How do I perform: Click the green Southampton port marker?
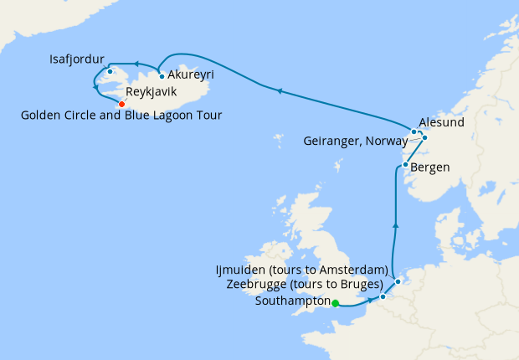pos(335,303)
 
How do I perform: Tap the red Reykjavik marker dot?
pos(121,104)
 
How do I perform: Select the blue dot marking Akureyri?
pos(162,76)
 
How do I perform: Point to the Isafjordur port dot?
pos(110,71)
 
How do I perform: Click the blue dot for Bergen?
pos(405,165)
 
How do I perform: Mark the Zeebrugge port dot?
pos(383,296)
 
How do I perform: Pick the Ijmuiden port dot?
pos(398,281)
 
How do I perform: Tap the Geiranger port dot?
pos(424,137)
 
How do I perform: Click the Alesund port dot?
pos(414,131)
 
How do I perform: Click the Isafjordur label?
pos(77,59)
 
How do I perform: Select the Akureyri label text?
pos(190,75)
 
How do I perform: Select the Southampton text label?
pos(290,302)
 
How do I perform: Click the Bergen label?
pos(430,167)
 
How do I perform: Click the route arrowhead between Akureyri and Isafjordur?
pos(135,63)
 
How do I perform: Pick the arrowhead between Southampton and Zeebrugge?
pos(369,300)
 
